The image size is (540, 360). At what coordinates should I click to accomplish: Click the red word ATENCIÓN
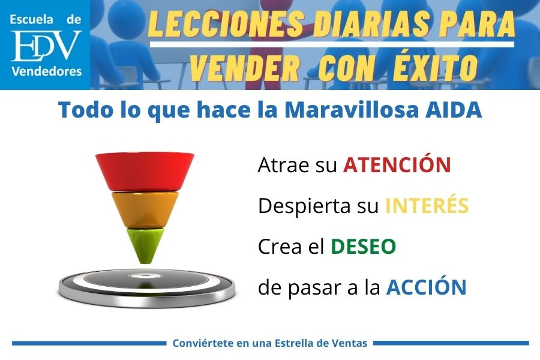[397, 165]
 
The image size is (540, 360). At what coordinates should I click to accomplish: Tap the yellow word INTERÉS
[426, 206]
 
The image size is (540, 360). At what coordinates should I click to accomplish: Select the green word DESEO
[363, 247]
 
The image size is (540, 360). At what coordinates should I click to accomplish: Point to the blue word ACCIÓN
[426, 287]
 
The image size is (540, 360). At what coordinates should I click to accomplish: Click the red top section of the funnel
[145, 171]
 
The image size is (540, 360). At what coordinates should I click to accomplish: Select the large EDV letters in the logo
[46, 46]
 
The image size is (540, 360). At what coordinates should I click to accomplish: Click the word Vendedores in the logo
[46, 72]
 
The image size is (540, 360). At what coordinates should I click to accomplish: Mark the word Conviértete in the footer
[201, 343]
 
